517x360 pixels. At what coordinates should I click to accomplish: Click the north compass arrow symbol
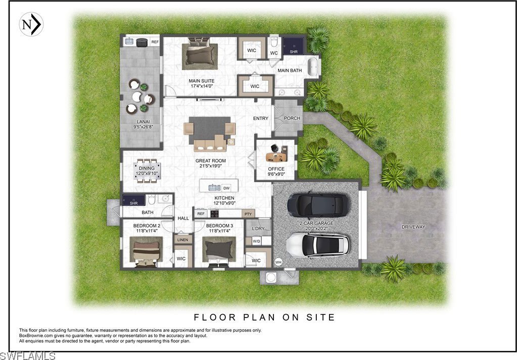31,24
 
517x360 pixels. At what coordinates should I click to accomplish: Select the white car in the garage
317,245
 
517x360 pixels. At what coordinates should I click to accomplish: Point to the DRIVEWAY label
413,227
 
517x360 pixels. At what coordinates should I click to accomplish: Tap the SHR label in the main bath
294,52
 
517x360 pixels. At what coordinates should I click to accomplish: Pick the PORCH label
292,118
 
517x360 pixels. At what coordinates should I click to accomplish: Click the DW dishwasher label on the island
226,188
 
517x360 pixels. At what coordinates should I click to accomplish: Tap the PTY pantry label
248,214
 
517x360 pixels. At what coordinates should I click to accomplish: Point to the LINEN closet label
182,240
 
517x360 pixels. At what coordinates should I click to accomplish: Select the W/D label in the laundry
256,241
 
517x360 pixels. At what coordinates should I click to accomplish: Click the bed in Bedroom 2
146,252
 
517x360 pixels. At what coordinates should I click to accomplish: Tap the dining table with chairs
147,171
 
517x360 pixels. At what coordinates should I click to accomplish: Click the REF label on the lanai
155,42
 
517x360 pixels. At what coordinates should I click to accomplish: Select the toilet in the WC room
274,43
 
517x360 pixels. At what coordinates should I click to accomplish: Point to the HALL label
183,218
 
